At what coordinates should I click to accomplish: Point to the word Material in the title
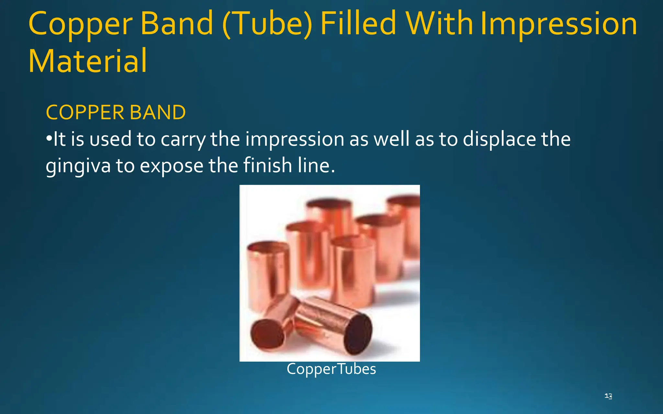[87, 61]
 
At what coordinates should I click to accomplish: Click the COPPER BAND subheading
[116, 112]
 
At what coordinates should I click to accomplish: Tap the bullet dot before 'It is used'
[49, 139]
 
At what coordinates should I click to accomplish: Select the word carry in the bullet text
[183, 140]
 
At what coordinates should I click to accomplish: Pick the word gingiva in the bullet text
[78, 166]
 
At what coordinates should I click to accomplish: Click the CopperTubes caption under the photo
[331, 369]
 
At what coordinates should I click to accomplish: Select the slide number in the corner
[608, 396]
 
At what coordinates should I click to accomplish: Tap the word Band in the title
[177, 23]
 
